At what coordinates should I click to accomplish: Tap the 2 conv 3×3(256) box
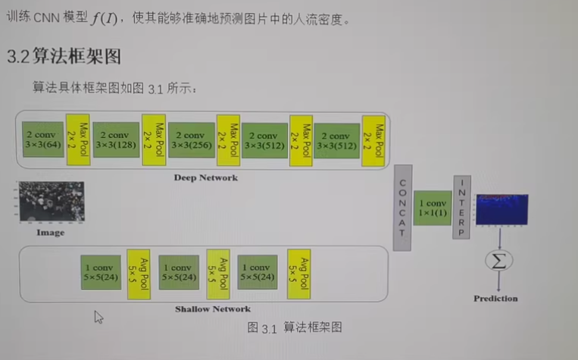coord(191,139)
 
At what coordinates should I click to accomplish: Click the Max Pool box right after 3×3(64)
coord(79,139)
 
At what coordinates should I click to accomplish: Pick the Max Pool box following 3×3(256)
coord(228,139)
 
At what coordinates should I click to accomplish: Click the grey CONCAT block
coord(402,208)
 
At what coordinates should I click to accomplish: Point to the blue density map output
coord(501,209)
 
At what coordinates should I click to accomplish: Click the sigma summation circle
coord(498,261)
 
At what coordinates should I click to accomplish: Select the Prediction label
coord(496,298)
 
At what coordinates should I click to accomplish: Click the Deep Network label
coord(206,178)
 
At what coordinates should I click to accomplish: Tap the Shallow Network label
coord(213,309)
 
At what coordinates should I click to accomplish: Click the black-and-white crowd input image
coord(52,202)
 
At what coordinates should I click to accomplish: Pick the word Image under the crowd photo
coord(50,233)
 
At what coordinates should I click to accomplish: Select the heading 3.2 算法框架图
coord(64,57)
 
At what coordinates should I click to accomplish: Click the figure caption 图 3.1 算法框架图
coord(295,327)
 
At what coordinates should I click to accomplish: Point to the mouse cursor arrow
coord(98,317)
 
